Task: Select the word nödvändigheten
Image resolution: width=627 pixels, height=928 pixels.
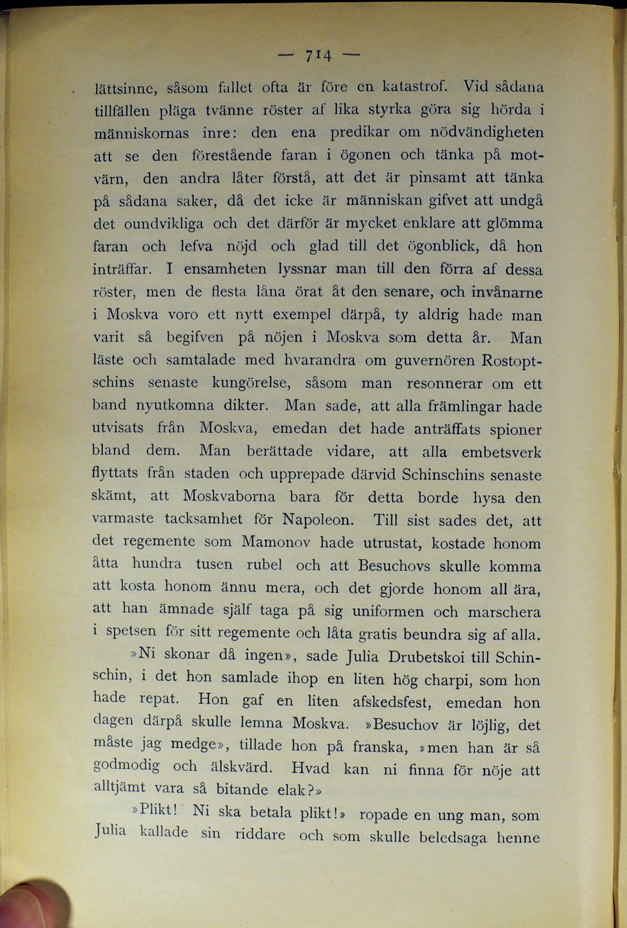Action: (x=486, y=132)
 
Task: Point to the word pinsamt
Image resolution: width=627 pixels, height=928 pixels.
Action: (x=438, y=178)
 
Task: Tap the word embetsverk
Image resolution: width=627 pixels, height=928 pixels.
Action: (x=501, y=452)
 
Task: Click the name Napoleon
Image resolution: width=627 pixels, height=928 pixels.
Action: (x=317, y=520)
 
